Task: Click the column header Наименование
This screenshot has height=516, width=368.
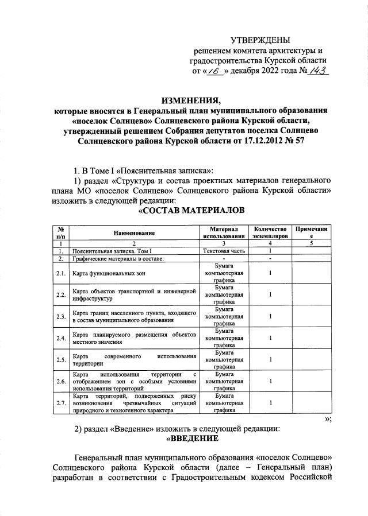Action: [x=134, y=233]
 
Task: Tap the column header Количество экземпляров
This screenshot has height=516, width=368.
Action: [x=270, y=232]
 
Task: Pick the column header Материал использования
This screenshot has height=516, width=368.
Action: [x=224, y=232]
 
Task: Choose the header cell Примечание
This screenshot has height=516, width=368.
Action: [x=311, y=232]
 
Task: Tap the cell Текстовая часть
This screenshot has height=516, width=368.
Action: [x=224, y=251]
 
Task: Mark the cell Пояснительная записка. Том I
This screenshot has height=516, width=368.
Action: [x=112, y=251]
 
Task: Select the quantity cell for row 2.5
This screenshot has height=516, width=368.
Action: [x=270, y=359]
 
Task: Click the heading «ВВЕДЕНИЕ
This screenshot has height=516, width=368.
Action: [x=191, y=439]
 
